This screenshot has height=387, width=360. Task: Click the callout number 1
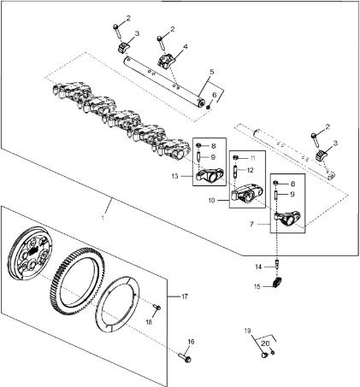(x=103, y=218)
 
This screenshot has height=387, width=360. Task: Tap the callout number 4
(x=186, y=46)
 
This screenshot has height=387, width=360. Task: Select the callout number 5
(x=211, y=72)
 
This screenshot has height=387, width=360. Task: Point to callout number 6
(x=215, y=95)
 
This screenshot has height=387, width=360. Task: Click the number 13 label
(x=174, y=176)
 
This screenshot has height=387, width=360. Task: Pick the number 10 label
(x=211, y=201)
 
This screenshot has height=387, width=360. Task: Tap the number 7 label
(x=251, y=225)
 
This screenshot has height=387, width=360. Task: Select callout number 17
(x=185, y=296)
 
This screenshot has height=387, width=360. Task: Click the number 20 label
(x=265, y=343)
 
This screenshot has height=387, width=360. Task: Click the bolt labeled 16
(x=185, y=358)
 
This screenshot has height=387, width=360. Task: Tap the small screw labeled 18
(x=157, y=307)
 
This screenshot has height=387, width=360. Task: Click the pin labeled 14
(x=276, y=263)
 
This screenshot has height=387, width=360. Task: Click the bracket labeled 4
(x=166, y=60)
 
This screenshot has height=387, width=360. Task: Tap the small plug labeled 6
(x=208, y=107)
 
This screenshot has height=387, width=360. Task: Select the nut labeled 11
(x=236, y=157)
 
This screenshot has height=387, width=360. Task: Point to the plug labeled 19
(x=264, y=355)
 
